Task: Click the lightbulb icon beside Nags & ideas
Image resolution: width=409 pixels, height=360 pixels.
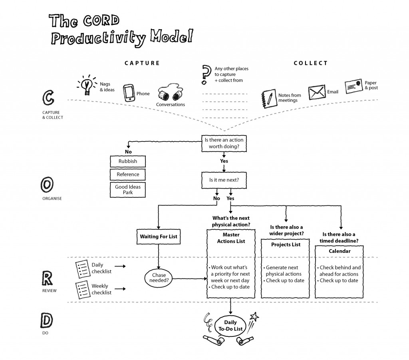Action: click(86, 85)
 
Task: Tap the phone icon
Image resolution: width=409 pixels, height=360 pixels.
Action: click(128, 93)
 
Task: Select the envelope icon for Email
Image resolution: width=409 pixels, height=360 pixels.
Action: click(316, 92)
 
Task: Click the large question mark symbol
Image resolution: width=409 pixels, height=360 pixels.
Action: click(206, 74)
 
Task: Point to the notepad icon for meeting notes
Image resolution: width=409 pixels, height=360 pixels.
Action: click(268, 98)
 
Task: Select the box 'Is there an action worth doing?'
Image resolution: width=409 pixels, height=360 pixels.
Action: click(224, 143)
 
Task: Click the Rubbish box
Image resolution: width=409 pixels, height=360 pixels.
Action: click(128, 161)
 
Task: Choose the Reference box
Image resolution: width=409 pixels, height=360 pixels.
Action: click(128, 175)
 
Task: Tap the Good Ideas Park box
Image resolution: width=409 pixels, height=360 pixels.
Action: click(128, 190)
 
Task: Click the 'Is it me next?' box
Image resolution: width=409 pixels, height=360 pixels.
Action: click(224, 180)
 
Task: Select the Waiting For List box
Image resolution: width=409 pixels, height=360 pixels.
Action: click(159, 237)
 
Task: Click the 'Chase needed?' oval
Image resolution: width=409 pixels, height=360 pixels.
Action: click(159, 277)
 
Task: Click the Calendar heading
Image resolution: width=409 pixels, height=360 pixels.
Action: click(340, 251)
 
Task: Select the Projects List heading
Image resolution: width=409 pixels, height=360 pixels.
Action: click(286, 245)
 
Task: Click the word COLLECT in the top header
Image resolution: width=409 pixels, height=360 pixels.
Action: click(310, 63)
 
